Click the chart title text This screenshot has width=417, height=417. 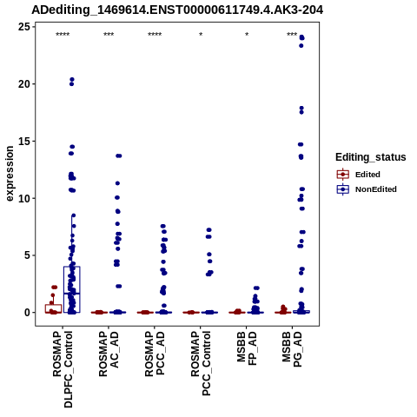(x=177, y=10)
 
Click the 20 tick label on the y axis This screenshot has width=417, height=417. (x=24, y=84)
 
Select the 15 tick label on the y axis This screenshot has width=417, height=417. (x=24, y=141)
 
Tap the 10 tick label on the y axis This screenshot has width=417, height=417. (x=24, y=198)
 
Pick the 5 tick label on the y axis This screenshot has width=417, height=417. (x=28, y=255)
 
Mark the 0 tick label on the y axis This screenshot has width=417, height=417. (x=28, y=313)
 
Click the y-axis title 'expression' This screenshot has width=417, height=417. (x=10, y=174)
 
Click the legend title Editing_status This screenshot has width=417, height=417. (x=371, y=157)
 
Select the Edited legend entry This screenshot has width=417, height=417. (x=359, y=175)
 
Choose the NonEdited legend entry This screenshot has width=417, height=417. (x=367, y=189)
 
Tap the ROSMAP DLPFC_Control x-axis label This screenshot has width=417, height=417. (x=63, y=369)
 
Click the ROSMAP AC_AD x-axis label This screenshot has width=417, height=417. (x=109, y=354)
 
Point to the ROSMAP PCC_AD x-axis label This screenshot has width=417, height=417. (x=155, y=354)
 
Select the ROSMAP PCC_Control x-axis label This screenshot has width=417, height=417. (x=201, y=364)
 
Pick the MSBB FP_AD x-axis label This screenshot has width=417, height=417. (x=247, y=348)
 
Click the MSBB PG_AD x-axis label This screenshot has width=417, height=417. (x=292, y=349)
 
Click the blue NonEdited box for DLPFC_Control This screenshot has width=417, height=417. (x=72, y=267)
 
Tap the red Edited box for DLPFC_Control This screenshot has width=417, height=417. (x=53, y=305)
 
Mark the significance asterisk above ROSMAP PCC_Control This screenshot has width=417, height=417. (x=201, y=35)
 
